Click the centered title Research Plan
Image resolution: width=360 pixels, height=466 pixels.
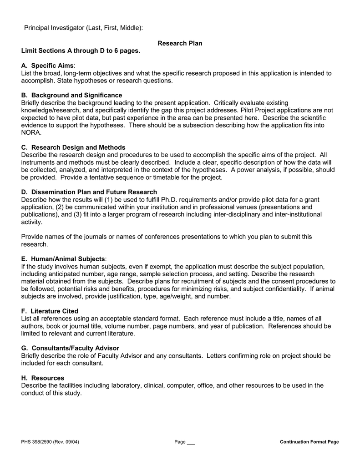[180, 43]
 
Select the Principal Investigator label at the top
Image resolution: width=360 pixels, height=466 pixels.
[83, 28]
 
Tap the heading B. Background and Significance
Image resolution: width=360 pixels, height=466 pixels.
[71, 95]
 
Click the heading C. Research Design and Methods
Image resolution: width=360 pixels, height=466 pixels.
[73, 147]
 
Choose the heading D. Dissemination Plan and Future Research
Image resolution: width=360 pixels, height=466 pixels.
[89, 192]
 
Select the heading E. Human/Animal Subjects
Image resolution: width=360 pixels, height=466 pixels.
[63, 259]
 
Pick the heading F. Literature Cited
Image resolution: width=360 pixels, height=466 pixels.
[50, 311]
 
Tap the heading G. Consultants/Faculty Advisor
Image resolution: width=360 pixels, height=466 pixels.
[70, 348]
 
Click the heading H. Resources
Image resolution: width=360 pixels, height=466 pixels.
[43, 378]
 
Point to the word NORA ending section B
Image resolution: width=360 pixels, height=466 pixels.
[31, 132]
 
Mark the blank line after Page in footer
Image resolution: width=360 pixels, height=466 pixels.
[191, 443]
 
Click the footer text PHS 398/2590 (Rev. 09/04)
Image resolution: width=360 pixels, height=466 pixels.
[50, 442]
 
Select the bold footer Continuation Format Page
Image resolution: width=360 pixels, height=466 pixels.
[309, 442]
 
